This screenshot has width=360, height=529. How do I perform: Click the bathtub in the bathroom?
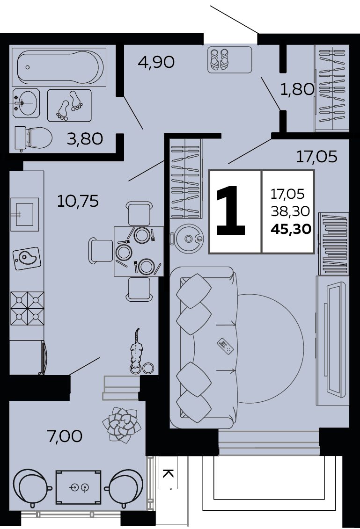59,67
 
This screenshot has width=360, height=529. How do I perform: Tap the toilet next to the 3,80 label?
33,138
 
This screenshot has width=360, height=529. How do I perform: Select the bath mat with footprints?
69,105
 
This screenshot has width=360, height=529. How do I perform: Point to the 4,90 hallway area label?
156,62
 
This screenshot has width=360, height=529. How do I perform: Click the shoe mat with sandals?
230,60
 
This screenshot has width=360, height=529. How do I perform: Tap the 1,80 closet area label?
297,89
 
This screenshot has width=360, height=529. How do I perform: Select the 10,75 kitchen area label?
78,201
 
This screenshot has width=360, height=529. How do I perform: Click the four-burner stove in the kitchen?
27,308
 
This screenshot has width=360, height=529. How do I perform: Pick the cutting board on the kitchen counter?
27,258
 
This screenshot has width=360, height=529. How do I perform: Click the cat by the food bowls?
136,350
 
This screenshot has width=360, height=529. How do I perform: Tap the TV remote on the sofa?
225,346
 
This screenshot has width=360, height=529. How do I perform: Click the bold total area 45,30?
291,229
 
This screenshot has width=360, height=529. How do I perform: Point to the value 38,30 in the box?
290,211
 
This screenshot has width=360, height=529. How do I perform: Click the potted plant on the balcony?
122,425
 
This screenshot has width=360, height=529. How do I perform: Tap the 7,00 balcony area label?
65,436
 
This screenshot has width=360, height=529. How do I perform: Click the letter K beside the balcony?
168,473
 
